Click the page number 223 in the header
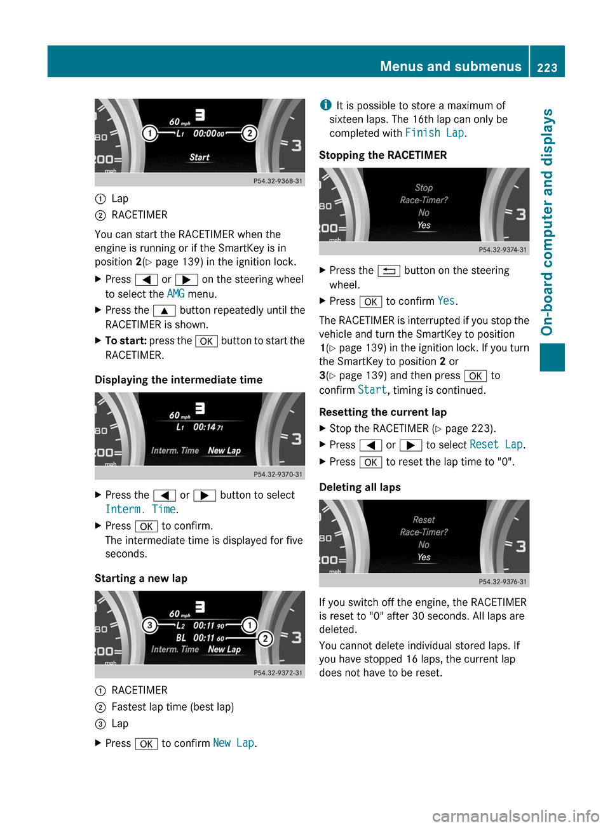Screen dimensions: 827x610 pyautogui.click(x=547, y=67)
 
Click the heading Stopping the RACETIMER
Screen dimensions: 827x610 pyautogui.click(x=383, y=155)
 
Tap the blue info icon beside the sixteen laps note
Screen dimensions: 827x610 pyautogui.click(x=325, y=105)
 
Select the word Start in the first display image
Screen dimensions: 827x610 pyautogui.click(x=200, y=158)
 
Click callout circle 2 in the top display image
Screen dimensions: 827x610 pyautogui.click(x=250, y=133)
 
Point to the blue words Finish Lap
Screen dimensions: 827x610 pyautogui.click(x=435, y=133)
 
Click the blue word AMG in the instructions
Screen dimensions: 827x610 pyautogui.click(x=175, y=293)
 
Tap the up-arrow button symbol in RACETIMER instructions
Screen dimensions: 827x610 pyautogui.click(x=164, y=311)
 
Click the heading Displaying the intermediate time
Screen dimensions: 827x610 pyautogui.click(x=179, y=380)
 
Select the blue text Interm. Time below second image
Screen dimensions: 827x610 pyautogui.click(x=140, y=509)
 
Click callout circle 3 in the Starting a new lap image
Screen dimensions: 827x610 pyautogui.click(x=149, y=626)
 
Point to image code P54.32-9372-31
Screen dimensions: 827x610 pyautogui.click(x=278, y=673)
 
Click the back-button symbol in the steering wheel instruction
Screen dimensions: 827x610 pyautogui.click(x=388, y=271)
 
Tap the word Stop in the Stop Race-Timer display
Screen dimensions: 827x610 pyautogui.click(x=424, y=188)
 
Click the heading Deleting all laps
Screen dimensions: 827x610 pyautogui.click(x=360, y=487)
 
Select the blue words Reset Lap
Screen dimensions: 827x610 pyautogui.click(x=496, y=445)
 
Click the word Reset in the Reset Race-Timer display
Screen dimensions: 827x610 pyautogui.click(x=424, y=520)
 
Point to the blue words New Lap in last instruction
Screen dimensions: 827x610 pyautogui.click(x=233, y=743)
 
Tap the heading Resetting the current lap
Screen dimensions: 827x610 pyautogui.click(x=383, y=412)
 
